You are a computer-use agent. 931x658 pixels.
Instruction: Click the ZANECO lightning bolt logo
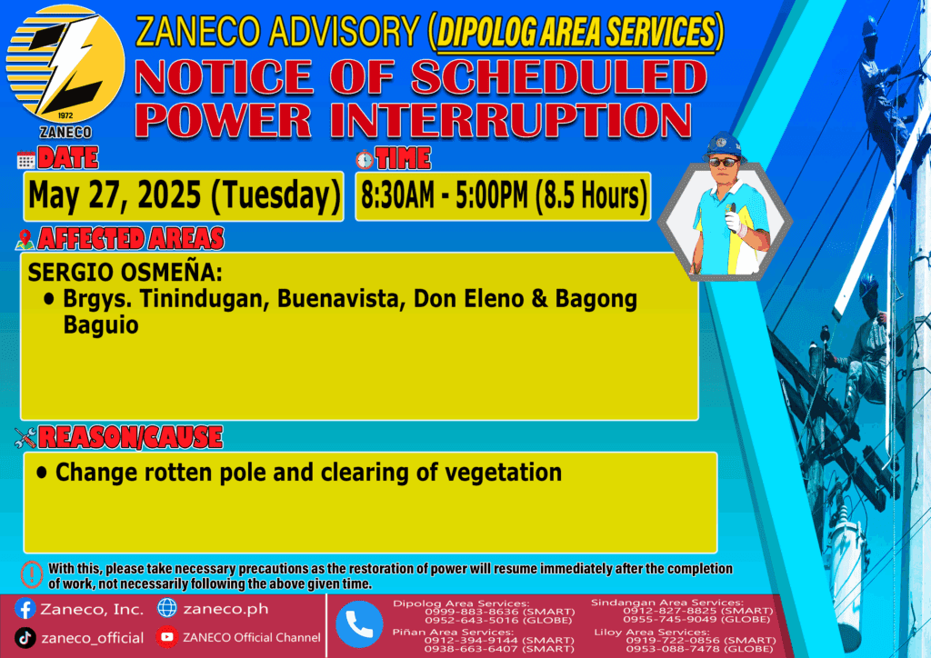tap(65, 65)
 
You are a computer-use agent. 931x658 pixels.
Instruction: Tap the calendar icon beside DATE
tap(26, 160)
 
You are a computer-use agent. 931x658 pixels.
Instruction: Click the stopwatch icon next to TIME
tap(365, 159)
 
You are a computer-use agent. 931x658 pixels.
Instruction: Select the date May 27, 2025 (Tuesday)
tap(184, 195)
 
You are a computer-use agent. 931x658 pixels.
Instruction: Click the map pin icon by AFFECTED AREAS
tap(25, 239)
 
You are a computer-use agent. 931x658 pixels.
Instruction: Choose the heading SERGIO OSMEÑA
tap(125, 273)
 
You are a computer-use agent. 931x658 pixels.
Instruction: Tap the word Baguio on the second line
tap(101, 325)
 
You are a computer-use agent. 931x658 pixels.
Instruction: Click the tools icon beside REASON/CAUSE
tap(25, 438)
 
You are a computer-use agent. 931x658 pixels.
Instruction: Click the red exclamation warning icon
tap(32, 574)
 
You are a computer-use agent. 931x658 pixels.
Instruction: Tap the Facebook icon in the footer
tap(25, 609)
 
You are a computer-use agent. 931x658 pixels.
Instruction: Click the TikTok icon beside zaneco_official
tap(25, 638)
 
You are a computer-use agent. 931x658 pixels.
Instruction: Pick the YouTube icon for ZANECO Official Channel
tap(167, 636)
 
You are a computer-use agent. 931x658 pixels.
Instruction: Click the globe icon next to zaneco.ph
tap(167, 608)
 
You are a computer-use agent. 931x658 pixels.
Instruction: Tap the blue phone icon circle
tap(359, 624)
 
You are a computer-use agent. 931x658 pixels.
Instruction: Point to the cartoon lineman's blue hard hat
tap(723, 145)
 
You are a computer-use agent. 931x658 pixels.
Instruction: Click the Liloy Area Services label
tap(652, 632)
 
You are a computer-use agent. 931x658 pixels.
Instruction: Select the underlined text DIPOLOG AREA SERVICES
tap(576, 32)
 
